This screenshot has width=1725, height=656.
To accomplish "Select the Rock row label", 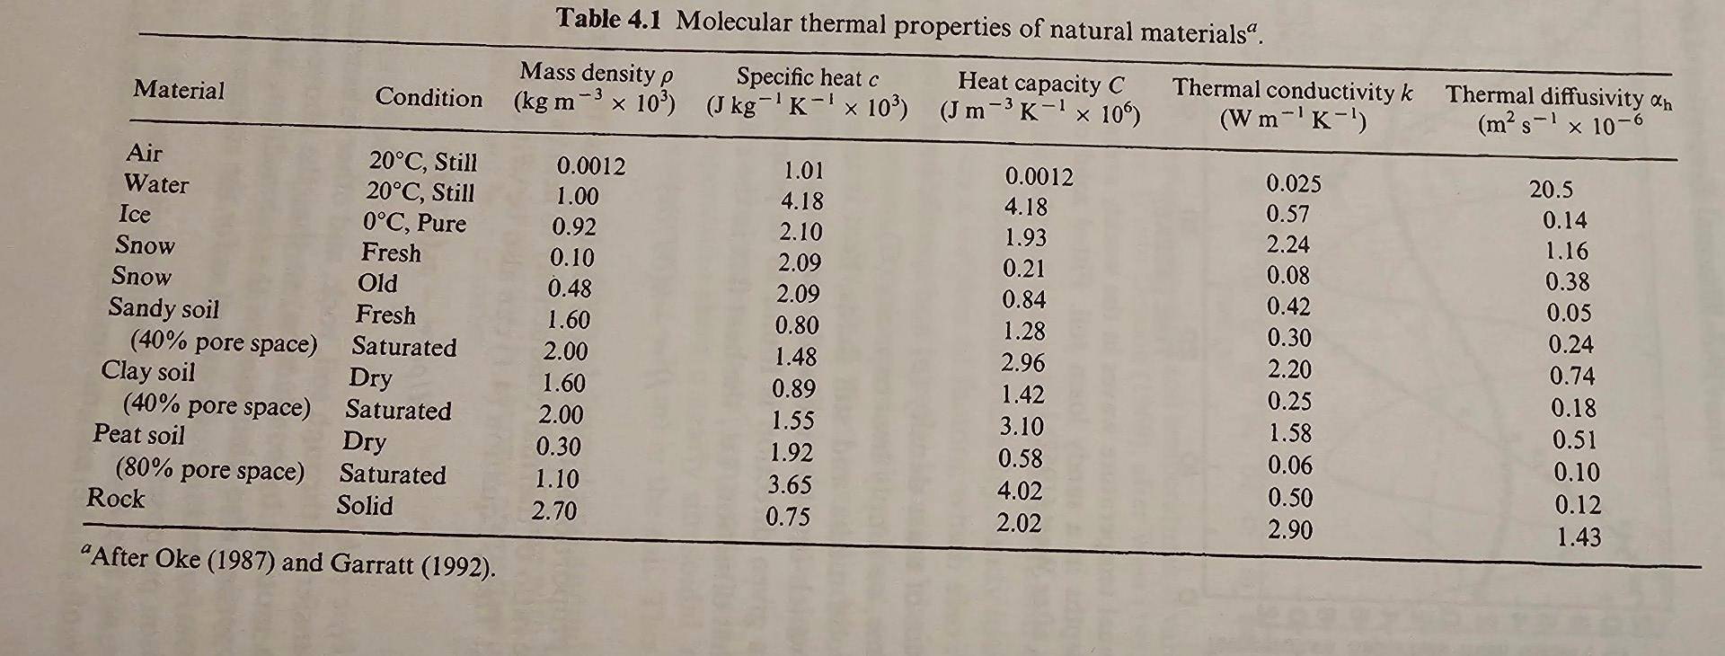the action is coord(116,498).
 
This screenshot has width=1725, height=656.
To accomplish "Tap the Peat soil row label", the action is coord(138,435).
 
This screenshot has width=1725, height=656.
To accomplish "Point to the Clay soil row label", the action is coord(147,371).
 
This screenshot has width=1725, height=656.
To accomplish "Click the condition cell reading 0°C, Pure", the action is coord(414,222).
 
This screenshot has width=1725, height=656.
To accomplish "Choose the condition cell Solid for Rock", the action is coord(365,505).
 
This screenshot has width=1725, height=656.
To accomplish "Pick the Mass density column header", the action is coord(595,86).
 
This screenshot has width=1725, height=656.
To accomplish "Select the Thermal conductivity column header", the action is coord(1293,104).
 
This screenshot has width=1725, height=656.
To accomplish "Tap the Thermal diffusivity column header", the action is coord(1559,111).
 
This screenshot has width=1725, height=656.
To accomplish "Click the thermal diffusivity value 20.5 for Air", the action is coord(1552,190).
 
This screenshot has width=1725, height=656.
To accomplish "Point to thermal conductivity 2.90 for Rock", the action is coord(1290,529).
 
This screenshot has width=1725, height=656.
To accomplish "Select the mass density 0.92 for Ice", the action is coord(574,226).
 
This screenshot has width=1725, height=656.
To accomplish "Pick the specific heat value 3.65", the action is coord(790,485).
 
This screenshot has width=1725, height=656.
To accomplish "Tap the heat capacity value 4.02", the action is coord(1020,491).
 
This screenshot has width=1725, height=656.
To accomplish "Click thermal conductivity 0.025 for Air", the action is coord(1294,183).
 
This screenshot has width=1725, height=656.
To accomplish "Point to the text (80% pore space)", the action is coord(210,469).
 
